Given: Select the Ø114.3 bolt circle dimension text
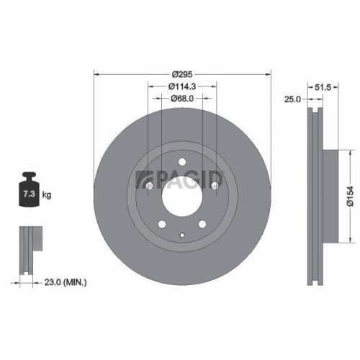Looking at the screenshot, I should tap(182, 86).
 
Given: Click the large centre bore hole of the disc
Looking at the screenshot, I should tap(182, 189).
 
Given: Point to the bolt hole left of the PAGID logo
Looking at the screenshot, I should tap(148, 186).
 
